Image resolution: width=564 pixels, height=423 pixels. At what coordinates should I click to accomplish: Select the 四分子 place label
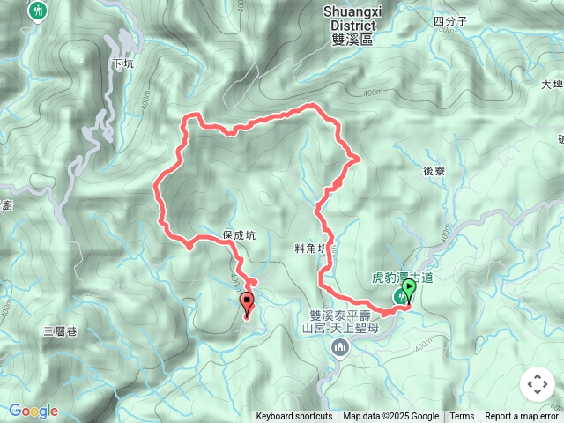(x=450, y=21)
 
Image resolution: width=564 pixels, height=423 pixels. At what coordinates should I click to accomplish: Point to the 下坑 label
(x=124, y=63)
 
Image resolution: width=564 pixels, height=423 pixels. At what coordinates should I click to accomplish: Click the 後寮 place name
(x=434, y=171)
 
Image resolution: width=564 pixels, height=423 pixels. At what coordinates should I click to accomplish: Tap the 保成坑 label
(x=239, y=235)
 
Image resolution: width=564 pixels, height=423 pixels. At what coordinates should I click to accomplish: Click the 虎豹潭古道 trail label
(x=401, y=277)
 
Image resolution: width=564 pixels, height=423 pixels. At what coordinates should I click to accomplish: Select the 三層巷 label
(x=60, y=331)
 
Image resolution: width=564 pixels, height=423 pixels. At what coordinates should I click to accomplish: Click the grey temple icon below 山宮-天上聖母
(x=340, y=350)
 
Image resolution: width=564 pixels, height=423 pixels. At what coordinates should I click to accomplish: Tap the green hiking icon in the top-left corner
(x=38, y=11)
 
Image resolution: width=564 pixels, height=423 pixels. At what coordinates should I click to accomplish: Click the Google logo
(x=33, y=411)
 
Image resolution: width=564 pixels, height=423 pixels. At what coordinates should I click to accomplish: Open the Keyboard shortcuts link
(x=294, y=417)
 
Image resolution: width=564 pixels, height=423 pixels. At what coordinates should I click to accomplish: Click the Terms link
(x=462, y=417)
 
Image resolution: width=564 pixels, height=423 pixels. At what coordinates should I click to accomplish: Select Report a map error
(x=522, y=417)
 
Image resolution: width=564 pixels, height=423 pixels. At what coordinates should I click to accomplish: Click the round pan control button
(x=537, y=384)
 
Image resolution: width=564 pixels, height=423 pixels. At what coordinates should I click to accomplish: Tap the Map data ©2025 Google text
(x=390, y=417)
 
